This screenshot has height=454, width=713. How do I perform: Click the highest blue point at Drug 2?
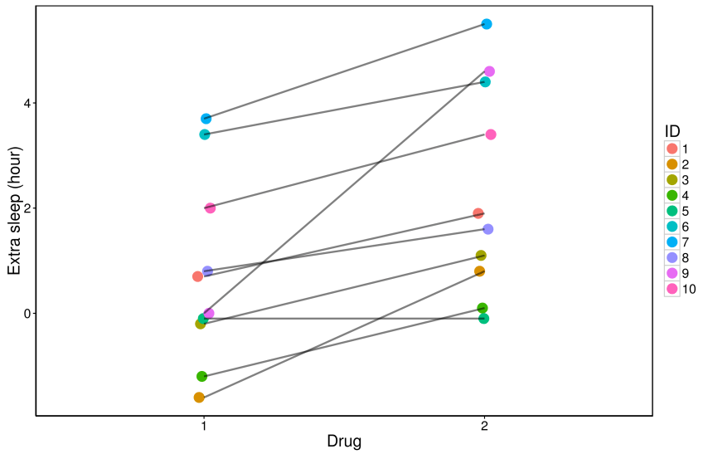(487, 24)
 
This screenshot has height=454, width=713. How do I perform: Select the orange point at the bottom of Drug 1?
(199, 398)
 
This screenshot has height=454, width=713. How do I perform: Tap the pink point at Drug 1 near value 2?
(210, 207)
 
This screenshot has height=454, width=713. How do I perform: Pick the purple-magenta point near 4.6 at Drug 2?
(489, 71)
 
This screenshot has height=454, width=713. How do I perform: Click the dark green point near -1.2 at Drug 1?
(201, 376)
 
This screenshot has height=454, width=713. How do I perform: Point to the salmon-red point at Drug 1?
(197, 276)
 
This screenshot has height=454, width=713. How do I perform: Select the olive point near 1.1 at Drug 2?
(481, 256)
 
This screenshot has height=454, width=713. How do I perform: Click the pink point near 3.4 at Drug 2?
(491, 134)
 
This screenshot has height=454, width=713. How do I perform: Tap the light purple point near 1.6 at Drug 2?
(488, 229)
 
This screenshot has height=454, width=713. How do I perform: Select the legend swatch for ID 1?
(672, 149)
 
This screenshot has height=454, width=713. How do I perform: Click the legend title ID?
(672, 131)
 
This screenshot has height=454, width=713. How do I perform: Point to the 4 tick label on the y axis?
(27, 104)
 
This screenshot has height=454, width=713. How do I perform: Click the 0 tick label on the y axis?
(27, 314)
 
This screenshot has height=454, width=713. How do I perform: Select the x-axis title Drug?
(344, 441)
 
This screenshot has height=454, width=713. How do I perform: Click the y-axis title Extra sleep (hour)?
(13, 208)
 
